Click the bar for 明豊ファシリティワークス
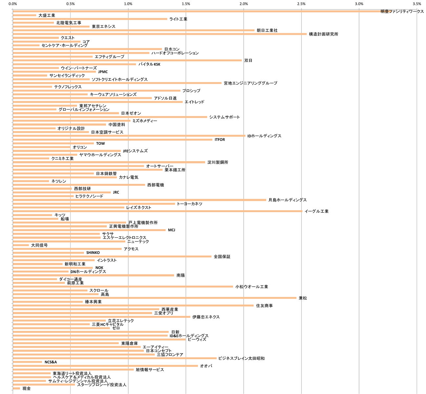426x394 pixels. coord(197,11)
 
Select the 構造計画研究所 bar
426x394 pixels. coord(160,34)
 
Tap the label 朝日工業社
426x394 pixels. coord(267,30)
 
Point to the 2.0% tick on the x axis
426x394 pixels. coord(244,4)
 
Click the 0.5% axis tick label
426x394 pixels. coord(70,4)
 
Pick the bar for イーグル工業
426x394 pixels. coord(157,211)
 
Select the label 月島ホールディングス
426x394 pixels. coord(287,200)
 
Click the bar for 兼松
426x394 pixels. coord(154,298)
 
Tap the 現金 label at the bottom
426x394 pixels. coord(27,388)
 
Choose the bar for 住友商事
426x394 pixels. coord(133,305)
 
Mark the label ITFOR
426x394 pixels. coord(220,140)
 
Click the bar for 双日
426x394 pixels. coord(127,60)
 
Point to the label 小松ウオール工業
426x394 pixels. coord(252,287)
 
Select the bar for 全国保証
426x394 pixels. coord(112,256)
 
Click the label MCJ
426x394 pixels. coord(172,230)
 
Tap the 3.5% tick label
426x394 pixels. coord(417,4)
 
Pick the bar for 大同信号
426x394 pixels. coord(21,245)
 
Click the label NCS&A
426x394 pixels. coord(51,362)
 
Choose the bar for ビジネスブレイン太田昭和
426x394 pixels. coord(115,358)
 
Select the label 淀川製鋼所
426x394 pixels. coord(218,162)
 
